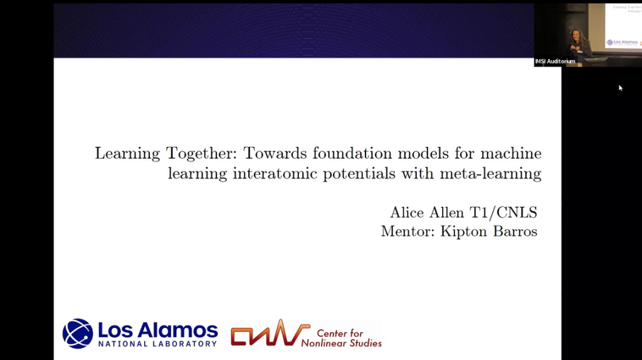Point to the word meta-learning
tap(498, 174)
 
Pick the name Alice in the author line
tap(408, 213)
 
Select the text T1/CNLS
tap(506, 213)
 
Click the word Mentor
tap(408, 231)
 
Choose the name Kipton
tap(465, 232)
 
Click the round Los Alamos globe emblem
tap(77, 333)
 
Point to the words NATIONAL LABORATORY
tap(157, 344)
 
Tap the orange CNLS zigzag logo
tap(270, 333)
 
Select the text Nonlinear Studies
tap(342, 343)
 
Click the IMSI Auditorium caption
tap(555, 61)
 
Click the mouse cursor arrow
tap(621, 88)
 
